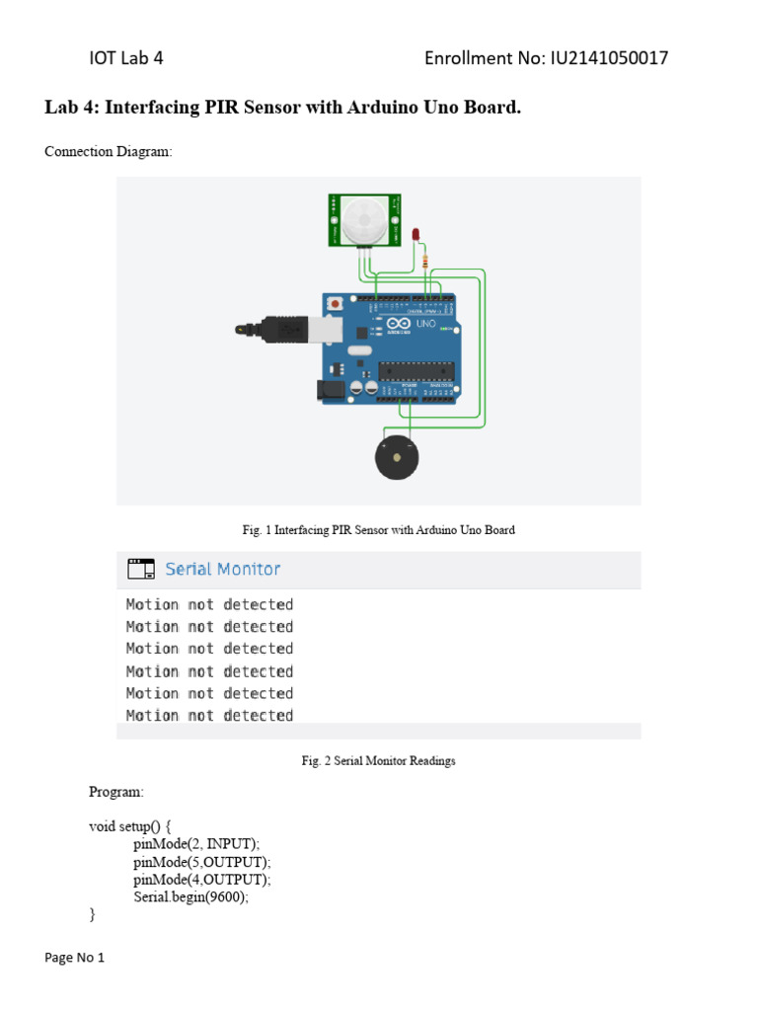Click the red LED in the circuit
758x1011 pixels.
[417, 234]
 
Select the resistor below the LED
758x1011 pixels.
[424, 262]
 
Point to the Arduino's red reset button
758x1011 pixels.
[338, 304]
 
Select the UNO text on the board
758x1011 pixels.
[426, 323]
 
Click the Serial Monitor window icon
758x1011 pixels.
[140, 569]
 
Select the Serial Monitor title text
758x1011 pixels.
[222, 569]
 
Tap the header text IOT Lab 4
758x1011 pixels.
[126, 58]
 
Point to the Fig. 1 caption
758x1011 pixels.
[378, 530]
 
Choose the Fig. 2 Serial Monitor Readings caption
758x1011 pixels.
[378, 761]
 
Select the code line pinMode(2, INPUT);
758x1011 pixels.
[196, 844]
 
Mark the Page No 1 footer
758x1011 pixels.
[75, 958]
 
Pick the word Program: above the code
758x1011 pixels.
[116, 792]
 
